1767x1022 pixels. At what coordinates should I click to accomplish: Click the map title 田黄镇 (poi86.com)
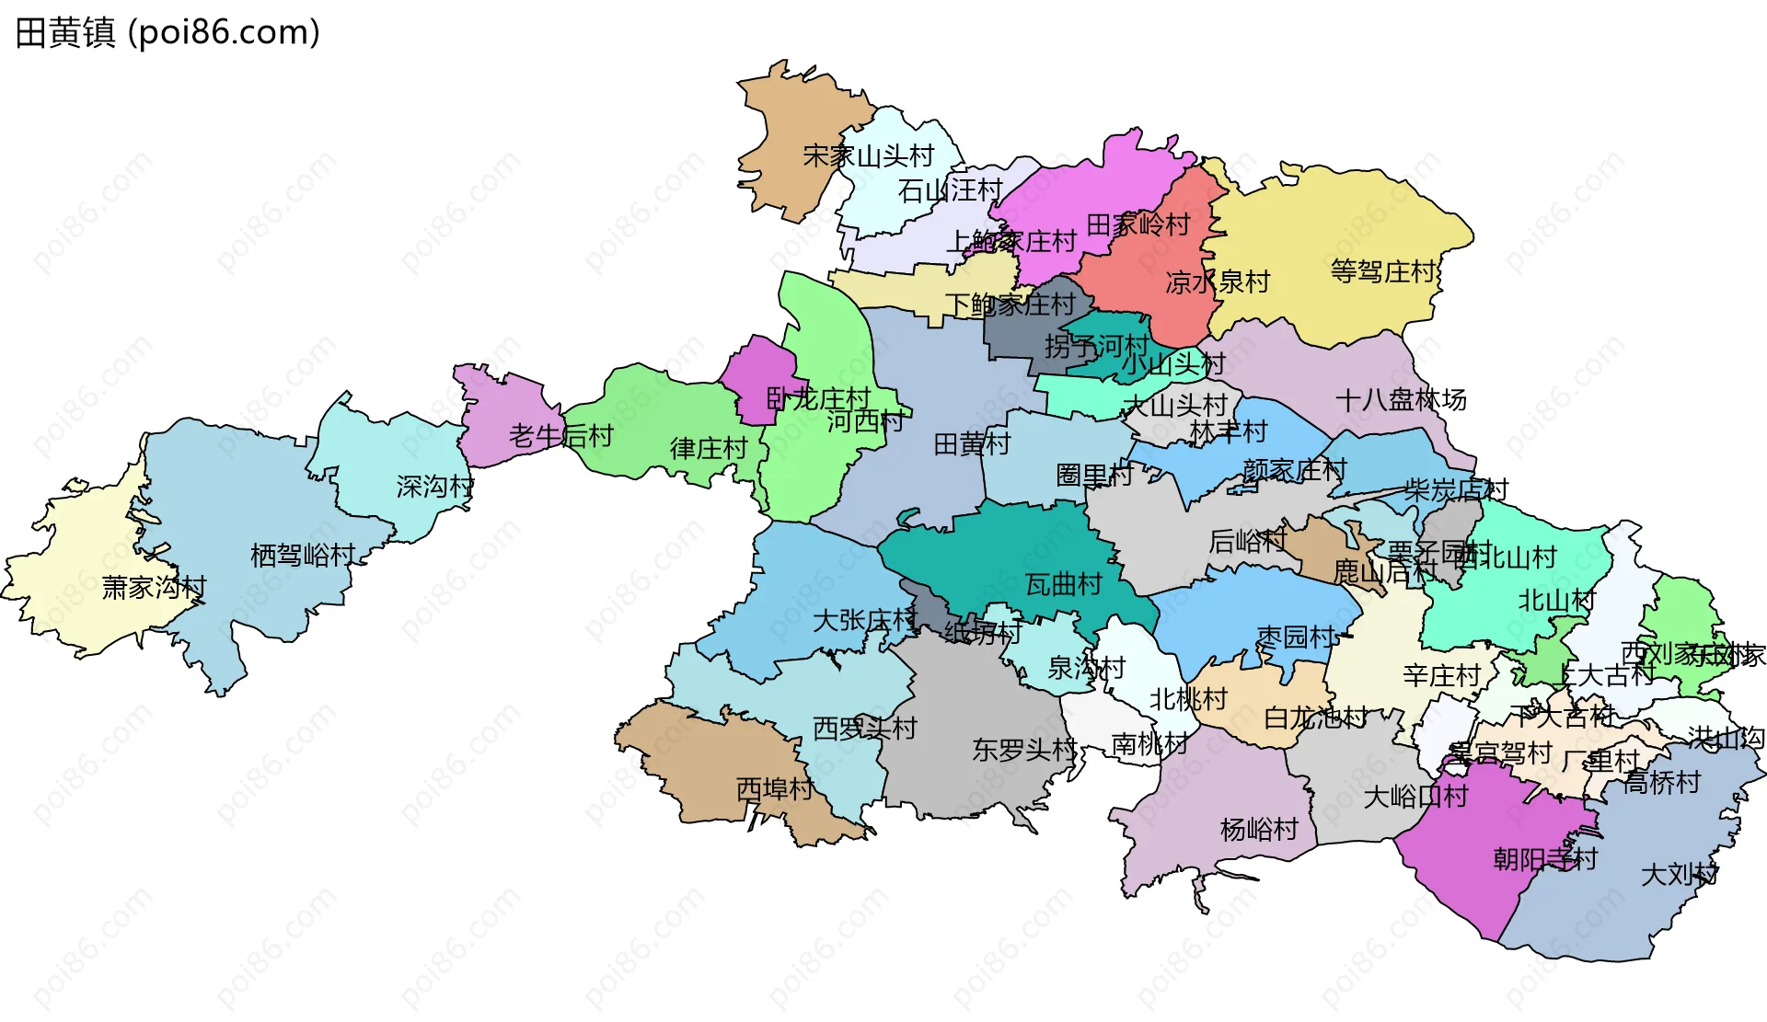[x=167, y=33]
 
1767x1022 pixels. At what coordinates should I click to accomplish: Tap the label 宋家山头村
[x=868, y=155]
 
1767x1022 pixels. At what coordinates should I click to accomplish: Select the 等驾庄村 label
[x=1383, y=271]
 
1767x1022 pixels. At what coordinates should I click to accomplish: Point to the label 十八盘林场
[x=1401, y=399]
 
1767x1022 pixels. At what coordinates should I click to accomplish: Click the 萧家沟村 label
[x=154, y=587]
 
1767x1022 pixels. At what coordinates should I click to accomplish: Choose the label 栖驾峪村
[x=303, y=555]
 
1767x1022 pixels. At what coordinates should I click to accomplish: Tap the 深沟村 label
[x=434, y=486]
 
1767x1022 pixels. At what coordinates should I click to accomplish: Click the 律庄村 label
[x=709, y=448]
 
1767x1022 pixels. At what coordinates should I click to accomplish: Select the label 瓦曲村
[x=1063, y=583]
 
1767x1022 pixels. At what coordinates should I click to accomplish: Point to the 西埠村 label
[x=774, y=788]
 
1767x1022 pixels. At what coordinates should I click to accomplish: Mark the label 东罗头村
[x=1023, y=750]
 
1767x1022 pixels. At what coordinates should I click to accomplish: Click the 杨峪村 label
[x=1258, y=829]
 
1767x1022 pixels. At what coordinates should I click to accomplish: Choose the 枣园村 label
[x=1296, y=636]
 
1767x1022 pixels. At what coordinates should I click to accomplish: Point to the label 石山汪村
[x=950, y=190]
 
